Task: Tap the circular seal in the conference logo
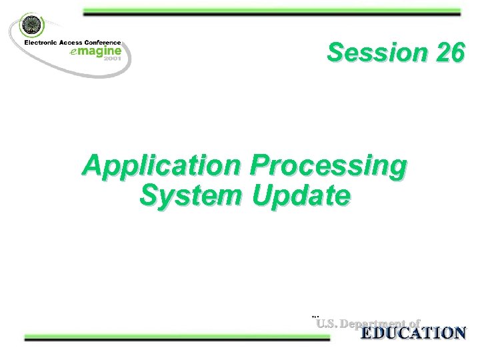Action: click(x=31, y=26)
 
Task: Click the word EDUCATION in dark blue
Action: click(x=413, y=333)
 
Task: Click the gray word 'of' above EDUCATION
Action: click(x=413, y=324)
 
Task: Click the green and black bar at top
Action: click(x=271, y=12)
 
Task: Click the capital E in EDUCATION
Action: click(x=367, y=333)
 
